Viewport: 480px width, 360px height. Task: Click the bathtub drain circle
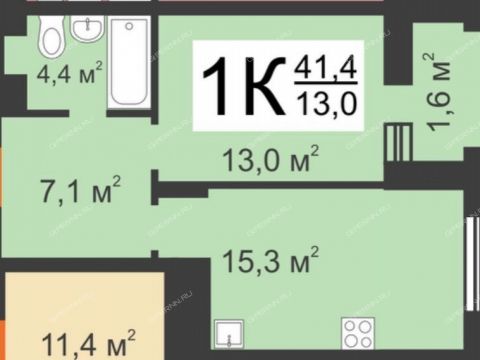pos(129,31)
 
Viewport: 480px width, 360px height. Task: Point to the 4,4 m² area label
pos(69,75)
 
